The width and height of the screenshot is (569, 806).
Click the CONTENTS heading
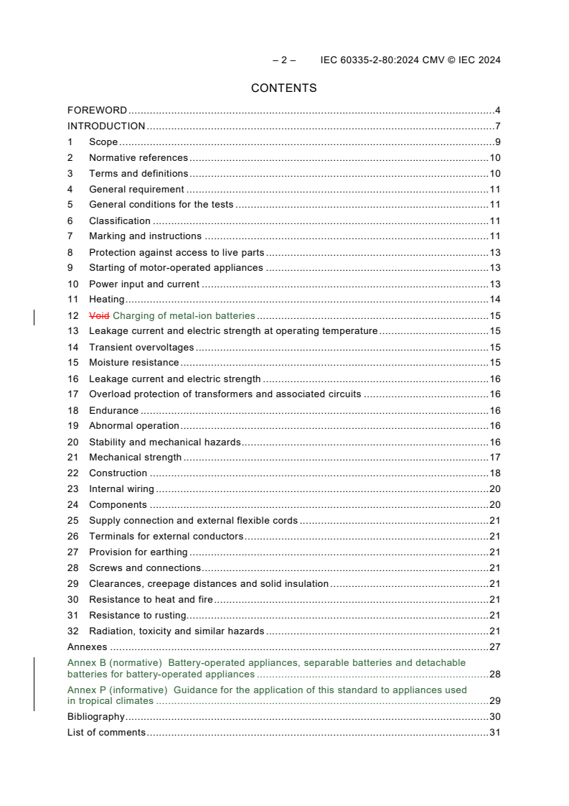(x=283, y=88)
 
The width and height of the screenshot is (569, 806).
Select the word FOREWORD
(x=97, y=111)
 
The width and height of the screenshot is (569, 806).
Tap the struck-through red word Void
(x=100, y=315)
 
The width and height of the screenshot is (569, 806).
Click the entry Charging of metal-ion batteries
(x=184, y=315)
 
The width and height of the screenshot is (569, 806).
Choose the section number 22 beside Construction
(x=72, y=473)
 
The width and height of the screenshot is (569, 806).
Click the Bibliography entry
(x=96, y=717)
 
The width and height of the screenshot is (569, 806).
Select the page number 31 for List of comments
(x=494, y=733)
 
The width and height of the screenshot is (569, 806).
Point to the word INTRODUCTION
(x=106, y=126)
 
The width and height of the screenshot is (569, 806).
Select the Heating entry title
(x=106, y=300)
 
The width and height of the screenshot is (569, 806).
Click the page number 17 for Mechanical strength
(x=494, y=458)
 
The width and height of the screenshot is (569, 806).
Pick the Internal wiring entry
(x=121, y=489)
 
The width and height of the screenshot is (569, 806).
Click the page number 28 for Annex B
(x=494, y=675)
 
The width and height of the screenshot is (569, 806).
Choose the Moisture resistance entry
(x=133, y=363)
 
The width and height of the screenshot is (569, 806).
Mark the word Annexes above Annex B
(x=87, y=647)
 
